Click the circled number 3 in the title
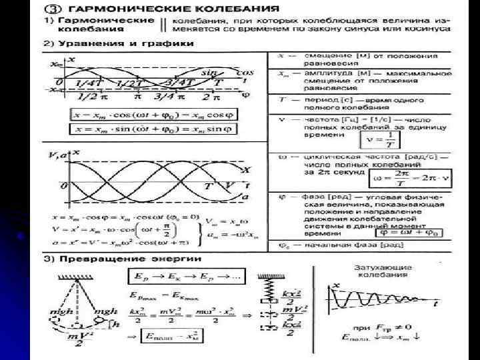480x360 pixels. (51, 10)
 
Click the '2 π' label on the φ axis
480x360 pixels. (212, 96)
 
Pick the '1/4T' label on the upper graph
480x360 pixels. (89, 83)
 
